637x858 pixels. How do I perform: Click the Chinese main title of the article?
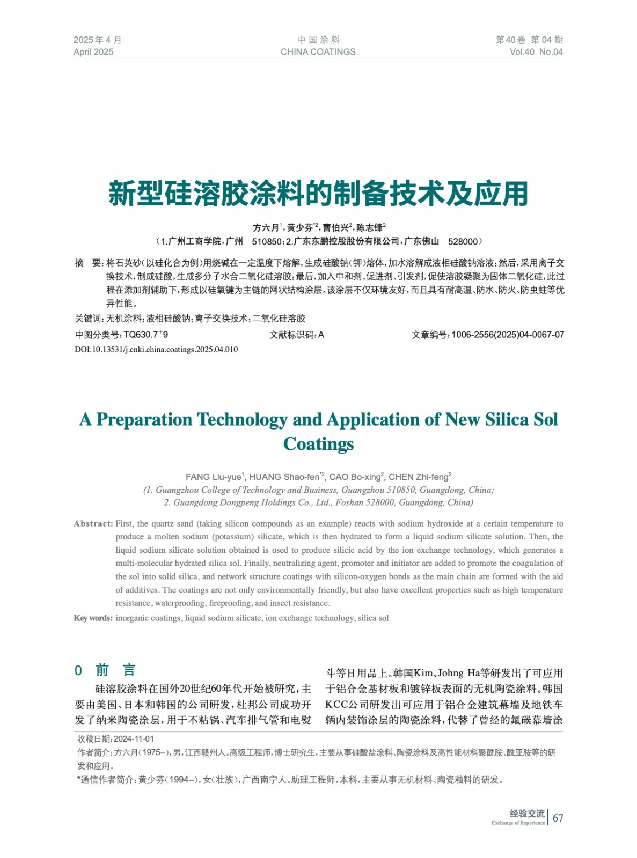click(x=318, y=194)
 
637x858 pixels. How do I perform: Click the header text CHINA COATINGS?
click(x=318, y=52)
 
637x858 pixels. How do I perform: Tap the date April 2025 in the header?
click(x=93, y=52)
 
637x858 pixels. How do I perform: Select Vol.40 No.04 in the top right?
click(x=536, y=52)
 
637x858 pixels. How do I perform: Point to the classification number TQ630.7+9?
click(x=145, y=335)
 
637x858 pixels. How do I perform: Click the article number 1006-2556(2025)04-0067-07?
click(x=508, y=335)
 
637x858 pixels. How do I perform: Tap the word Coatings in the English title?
click(x=318, y=444)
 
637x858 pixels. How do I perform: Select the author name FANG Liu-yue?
click(x=214, y=477)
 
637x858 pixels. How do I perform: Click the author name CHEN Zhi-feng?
click(x=419, y=477)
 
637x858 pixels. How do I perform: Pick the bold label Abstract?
click(x=93, y=524)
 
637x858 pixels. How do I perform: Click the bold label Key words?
click(x=93, y=618)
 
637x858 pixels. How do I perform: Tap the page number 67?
click(x=558, y=818)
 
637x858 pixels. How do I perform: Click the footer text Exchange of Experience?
click(x=518, y=823)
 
